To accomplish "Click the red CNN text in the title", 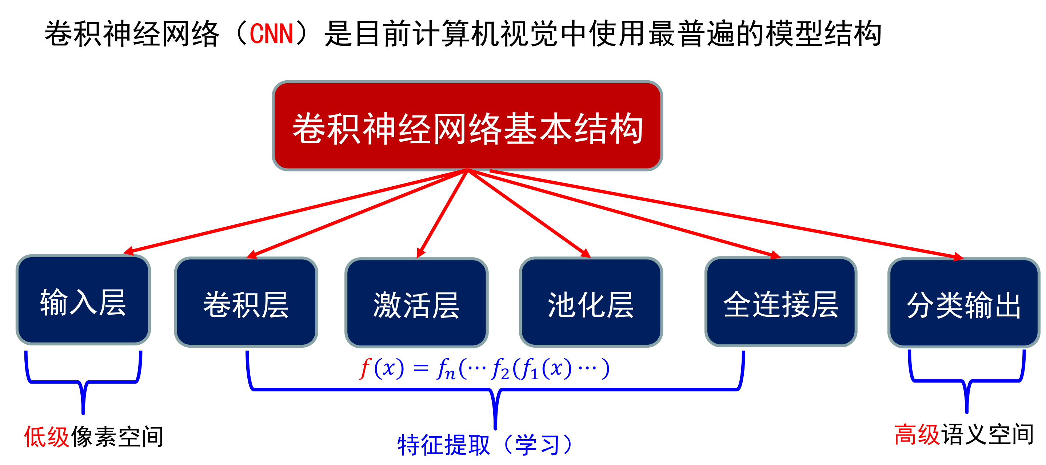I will [271, 34].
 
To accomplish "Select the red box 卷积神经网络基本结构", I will [467, 126].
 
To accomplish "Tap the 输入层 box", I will [83, 300].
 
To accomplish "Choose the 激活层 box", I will [416, 303].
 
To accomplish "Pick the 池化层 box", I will [591, 302].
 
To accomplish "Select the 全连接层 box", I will [780, 302].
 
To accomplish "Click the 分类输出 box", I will [963, 303].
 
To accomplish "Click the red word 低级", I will [47, 437].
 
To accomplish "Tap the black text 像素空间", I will [117, 437].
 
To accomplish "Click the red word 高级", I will [917, 434].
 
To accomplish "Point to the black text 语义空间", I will [987, 434].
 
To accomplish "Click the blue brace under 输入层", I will [83, 383].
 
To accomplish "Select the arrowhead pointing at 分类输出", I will [958, 257].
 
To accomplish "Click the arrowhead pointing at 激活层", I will [421, 253].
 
